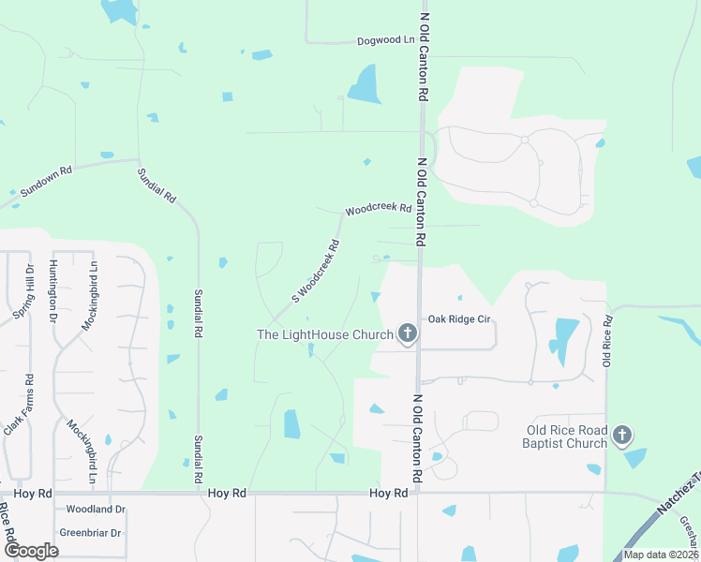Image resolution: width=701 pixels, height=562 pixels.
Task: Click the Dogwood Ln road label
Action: (x=385, y=41)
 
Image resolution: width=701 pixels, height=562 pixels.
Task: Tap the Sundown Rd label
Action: (x=46, y=181)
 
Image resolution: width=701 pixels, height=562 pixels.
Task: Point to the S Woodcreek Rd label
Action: (x=315, y=271)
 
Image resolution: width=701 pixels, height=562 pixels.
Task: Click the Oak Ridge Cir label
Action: (x=459, y=319)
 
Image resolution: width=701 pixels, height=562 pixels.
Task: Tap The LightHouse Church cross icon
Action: (x=407, y=333)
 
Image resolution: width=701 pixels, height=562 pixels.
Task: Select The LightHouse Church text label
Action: (x=324, y=334)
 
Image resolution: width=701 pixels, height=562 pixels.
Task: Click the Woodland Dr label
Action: (x=96, y=510)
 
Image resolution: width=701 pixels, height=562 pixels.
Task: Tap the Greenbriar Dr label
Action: (x=91, y=533)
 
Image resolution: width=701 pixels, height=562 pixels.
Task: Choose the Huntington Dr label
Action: (x=54, y=291)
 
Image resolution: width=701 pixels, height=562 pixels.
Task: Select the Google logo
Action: (x=31, y=551)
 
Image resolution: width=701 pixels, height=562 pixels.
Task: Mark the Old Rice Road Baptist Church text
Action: (x=566, y=436)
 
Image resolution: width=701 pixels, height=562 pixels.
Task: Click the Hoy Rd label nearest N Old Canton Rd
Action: (x=388, y=493)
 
